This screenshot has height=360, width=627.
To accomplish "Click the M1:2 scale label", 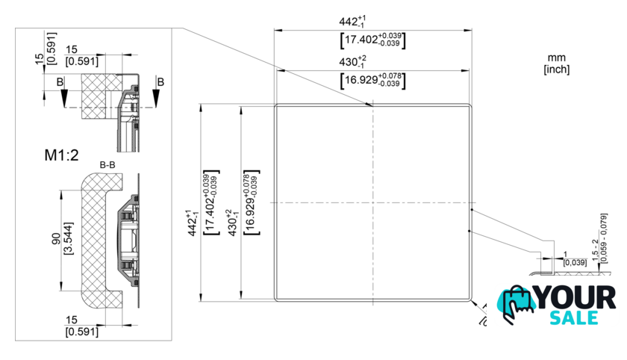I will tap(61, 155).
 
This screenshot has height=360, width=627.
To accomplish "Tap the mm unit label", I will tap(556, 58).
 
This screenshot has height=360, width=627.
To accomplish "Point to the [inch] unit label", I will tap(556, 69).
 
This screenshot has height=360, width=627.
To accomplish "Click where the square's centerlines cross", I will tap(372, 202).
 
